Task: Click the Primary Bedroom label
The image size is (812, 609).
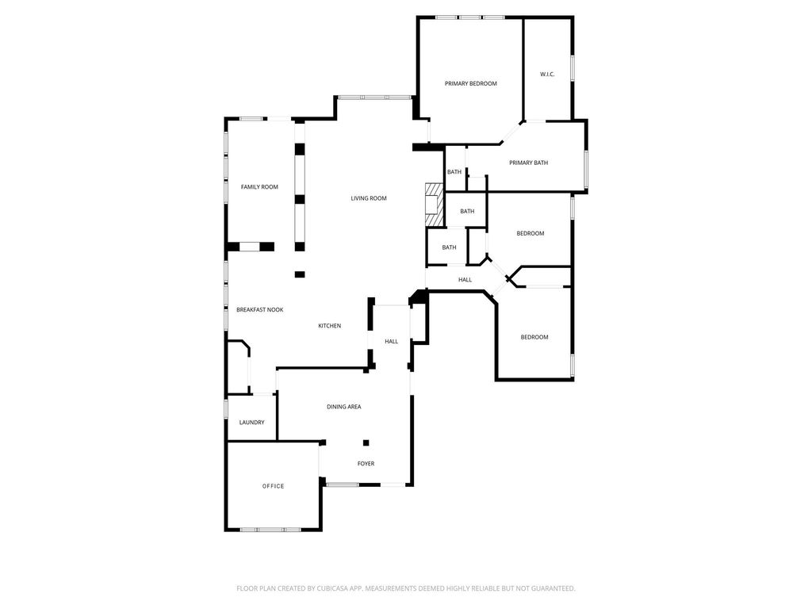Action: pyautogui.click(x=471, y=83)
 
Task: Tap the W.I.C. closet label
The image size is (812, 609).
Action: pyautogui.click(x=547, y=74)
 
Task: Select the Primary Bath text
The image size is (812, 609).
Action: pyautogui.click(x=528, y=163)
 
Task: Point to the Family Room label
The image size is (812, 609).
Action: pyautogui.click(x=259, y=187)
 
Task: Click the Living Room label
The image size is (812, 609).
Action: pyautogui.click(x=369, y=198)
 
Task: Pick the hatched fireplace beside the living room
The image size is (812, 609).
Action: pyautogui.click(x=435, y=205)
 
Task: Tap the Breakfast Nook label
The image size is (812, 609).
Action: pyautogui.click(x=260, y=310)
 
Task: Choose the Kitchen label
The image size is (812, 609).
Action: pyautogui.click(x=329, y=326)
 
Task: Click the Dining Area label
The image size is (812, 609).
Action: pyautogui.click(x=344, y=407)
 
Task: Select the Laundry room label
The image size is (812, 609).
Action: pyautogui.click(x=251, y=423)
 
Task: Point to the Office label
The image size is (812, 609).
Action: pyautogui.click(x=273, y=486)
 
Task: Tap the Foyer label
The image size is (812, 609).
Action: pyautogui.click(x=366, y=463)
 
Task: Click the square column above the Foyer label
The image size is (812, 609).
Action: pyautogui.click(x=366, y=442)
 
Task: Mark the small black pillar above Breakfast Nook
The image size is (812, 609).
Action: pyautogui.click(x=300, y=274)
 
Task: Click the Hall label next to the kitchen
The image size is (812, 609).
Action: pyautogui.click(x=392, y=341)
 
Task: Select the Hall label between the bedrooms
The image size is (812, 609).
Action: pyautogui.click(x=465, y=280)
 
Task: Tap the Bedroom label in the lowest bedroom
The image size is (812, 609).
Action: pyautogui.click(x=534, y=337)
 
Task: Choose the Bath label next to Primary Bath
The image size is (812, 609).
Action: pyautogui.click(x=454, y=172)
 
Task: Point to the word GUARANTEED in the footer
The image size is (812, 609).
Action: pyautogui.click(x=554, y=588)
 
